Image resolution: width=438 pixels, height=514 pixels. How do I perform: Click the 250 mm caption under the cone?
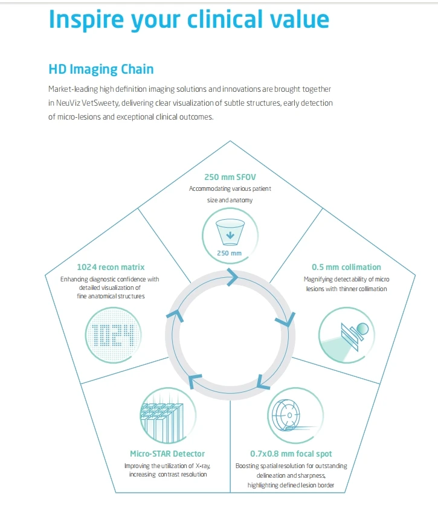tap(229, 253)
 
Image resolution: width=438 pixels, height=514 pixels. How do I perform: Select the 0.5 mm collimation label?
tap(346, 267)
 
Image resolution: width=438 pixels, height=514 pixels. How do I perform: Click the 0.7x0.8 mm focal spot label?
tap(291, 454)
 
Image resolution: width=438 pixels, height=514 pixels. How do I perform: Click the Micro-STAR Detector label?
tap(167, 454)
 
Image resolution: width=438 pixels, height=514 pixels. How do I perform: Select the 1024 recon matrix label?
tap(111, 267)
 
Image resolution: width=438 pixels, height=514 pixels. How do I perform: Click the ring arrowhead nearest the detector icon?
tap(195, 381)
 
